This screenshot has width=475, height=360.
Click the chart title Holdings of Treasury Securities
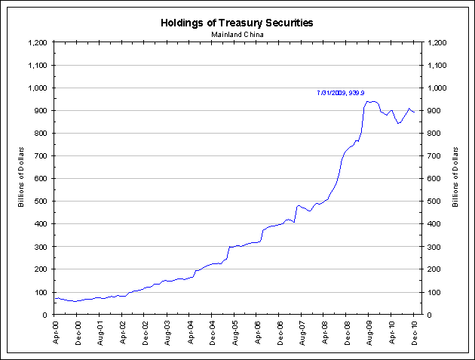point(237,23)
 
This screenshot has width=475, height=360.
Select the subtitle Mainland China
point(237,34)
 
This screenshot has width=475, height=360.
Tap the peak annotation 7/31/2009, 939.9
point(342,93)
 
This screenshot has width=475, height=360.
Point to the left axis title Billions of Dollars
point(22,178)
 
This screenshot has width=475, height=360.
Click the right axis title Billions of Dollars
point(455,178)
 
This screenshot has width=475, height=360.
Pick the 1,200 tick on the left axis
point(38,43)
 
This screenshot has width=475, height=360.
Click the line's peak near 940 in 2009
point(367,101)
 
